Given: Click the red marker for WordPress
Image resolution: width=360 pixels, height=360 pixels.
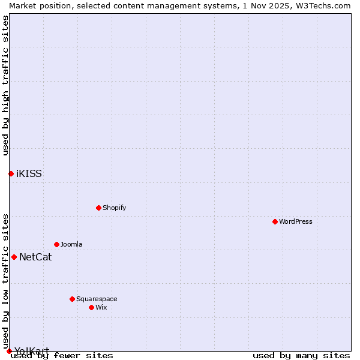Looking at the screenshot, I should [x=275, y=221].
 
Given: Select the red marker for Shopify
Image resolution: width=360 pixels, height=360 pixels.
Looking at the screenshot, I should [x=98, y=208].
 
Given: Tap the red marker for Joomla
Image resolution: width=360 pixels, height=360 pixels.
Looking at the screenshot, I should [x=56, y=244].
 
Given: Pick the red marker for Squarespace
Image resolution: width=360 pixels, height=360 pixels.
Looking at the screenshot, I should [x=72, y=299].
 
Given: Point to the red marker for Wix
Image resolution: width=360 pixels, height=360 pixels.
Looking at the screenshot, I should [x=91, y=307].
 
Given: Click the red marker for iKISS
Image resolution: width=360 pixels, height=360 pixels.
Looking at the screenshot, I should [x=11, y=173].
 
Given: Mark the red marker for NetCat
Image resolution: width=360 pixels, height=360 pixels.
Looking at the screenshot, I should [x=14, y=257].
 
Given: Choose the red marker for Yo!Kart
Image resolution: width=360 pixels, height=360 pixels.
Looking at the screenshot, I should [x=9, y=351].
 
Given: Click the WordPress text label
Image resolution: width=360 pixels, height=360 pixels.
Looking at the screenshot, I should [x=296, y=221].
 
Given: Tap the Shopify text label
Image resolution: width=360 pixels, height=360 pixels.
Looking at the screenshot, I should [x=114, y=208].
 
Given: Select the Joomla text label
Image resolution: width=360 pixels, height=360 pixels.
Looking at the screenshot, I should [x=71, y=244].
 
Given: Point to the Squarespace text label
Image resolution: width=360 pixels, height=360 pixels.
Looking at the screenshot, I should [x=97, y=299].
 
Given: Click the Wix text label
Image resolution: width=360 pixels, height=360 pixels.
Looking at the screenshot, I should [x=101, y=307].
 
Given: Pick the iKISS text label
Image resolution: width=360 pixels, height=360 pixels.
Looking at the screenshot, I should [x=29, y=174].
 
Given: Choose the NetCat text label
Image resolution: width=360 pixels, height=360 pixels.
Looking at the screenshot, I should [x=35, y=257].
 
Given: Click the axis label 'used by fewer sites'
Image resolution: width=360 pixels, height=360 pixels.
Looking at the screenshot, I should [x=62, y=355].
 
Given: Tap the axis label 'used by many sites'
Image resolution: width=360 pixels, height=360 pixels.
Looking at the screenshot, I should [x=301, y=355].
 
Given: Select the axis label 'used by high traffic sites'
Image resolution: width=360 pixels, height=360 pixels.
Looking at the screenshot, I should [x=5, y=85].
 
